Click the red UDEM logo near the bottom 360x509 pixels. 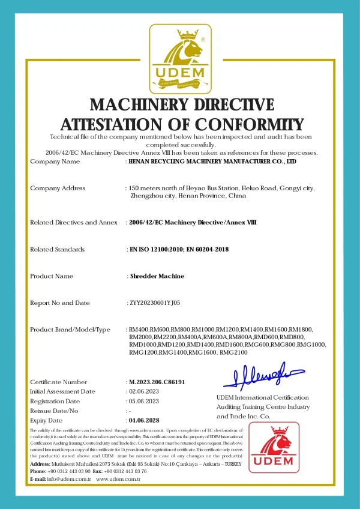(274, 449)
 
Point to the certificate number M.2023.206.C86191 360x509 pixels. (156, 382)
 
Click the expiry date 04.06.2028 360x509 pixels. (145, 420)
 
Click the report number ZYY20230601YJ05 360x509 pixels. (154, 303)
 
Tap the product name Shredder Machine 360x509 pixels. (157, 276)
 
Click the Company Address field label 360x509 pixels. (58, 188)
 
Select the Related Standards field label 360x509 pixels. (57, 249)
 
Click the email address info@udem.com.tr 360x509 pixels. (68, 479)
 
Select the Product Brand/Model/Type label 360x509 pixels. (70, 330)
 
